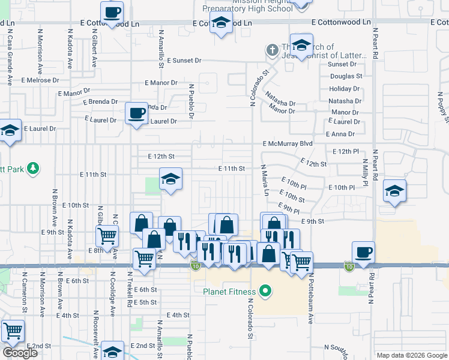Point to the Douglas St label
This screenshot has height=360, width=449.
346,76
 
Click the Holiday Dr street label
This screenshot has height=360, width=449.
345,89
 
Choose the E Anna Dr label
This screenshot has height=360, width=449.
340,134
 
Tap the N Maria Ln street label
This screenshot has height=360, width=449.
264,180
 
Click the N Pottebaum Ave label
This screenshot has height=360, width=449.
312,300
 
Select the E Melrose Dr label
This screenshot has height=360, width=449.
40,79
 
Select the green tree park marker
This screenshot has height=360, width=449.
34,169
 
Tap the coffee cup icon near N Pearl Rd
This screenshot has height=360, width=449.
363,252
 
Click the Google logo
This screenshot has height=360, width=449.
19,352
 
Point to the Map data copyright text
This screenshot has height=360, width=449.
411,355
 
